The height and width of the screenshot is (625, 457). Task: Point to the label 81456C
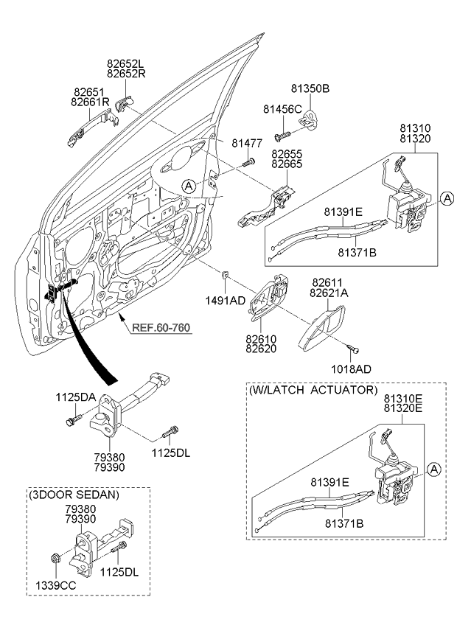coord(283,109)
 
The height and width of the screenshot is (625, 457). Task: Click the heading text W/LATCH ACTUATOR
coord(313,389)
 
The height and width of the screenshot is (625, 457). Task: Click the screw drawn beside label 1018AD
coord(353,347)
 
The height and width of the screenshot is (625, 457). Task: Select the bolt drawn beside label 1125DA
coord(74,420)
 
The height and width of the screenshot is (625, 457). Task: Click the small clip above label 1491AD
coord(226,276)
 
